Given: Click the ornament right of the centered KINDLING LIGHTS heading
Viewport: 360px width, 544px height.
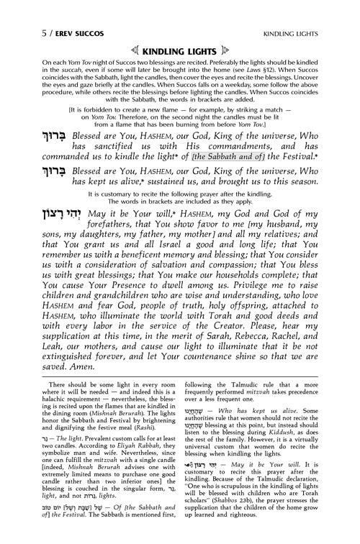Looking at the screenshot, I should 229,31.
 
